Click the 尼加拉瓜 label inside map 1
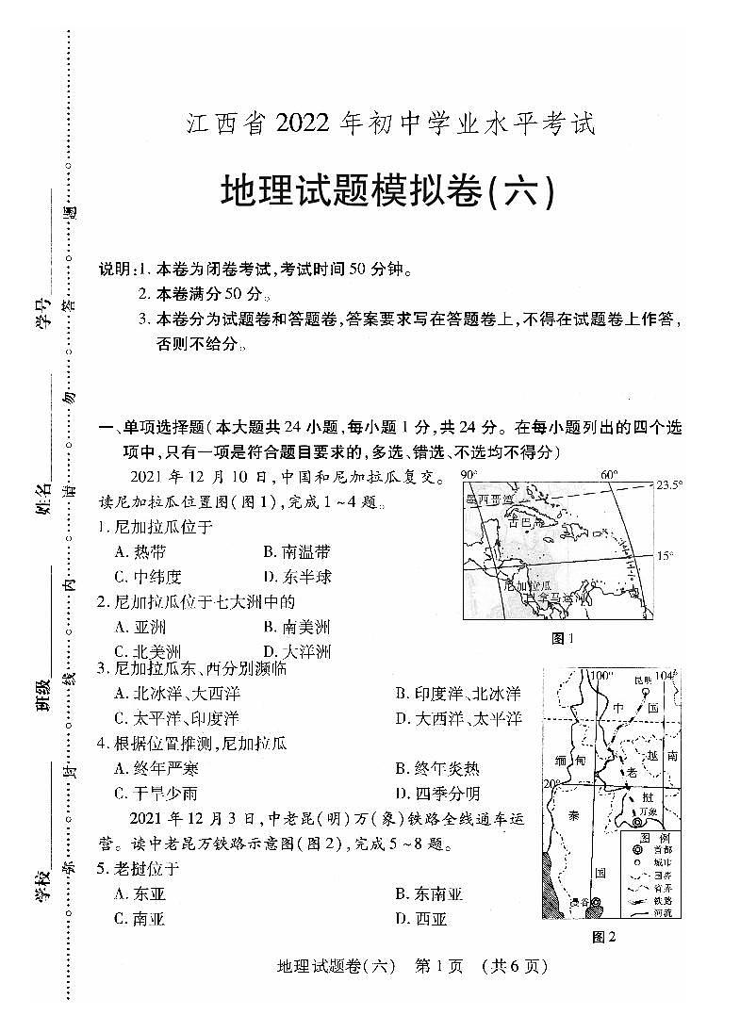[527, 584]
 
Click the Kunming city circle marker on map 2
[647, 693]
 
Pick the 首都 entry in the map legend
[651, 849]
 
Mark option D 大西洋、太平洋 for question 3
[457, 719]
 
